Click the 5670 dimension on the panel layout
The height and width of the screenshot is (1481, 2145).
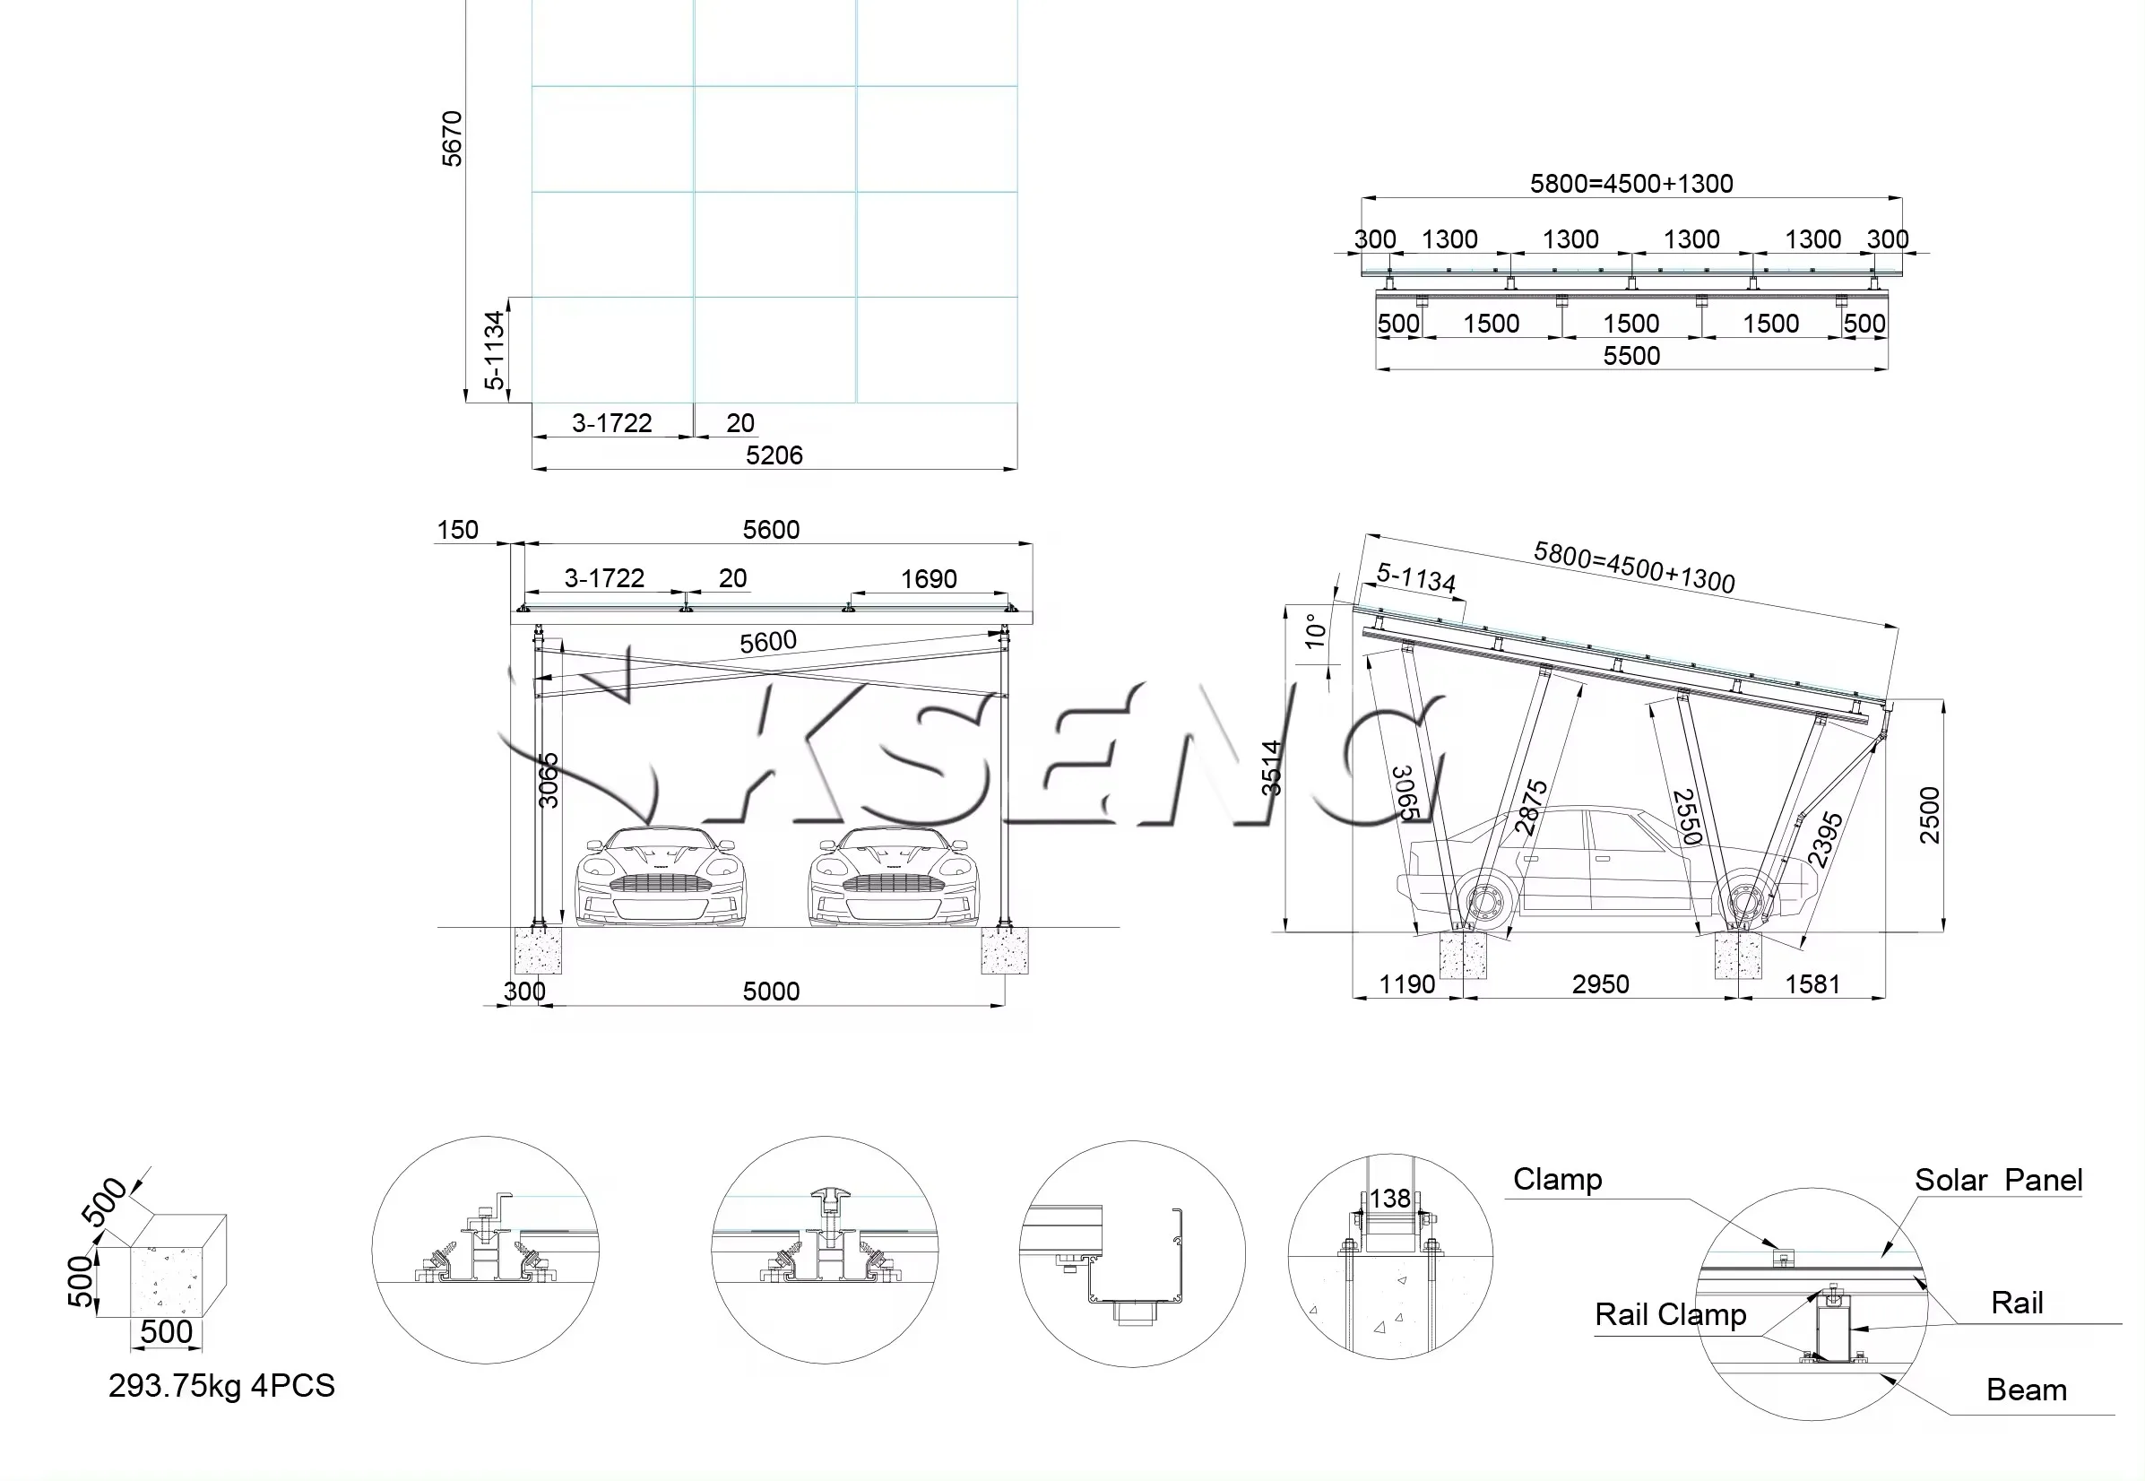point(452,139)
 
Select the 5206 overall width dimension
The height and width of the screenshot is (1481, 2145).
point(774,455)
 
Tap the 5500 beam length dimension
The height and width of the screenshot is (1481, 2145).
point(1631,355)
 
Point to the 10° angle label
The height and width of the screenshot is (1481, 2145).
point(1315,631)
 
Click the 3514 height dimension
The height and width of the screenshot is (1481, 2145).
point(1271,768)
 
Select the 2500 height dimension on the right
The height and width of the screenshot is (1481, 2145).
point(1929,815)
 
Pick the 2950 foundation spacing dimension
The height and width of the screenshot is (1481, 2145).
point(1599,984)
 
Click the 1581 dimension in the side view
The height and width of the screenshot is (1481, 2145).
point(1812,984)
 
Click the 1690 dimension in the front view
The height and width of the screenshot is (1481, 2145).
point(928,579)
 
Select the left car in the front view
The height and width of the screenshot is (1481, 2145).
point(660,877)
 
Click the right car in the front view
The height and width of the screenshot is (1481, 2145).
point(893,877)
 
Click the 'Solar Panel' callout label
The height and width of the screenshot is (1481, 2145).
point(1998,1181)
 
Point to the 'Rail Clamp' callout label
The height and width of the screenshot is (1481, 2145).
point(1670,1315)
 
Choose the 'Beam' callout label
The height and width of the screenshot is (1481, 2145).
point(2027,1390)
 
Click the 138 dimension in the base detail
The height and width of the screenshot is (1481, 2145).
point(1389,1199)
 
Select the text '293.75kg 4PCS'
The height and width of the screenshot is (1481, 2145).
point(221,1386)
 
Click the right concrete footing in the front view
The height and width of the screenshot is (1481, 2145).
point(1004,951)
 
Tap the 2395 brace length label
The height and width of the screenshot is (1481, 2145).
point(1825,840)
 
